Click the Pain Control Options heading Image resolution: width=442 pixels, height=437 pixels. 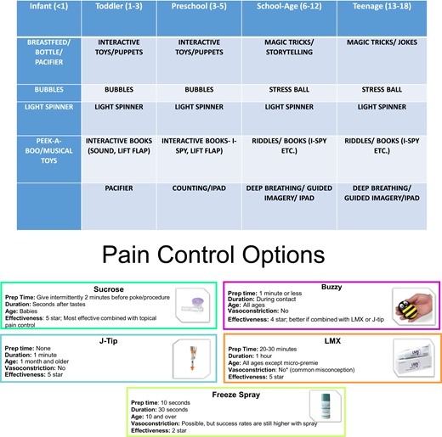221,255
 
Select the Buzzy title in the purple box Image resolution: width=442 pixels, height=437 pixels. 331,288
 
